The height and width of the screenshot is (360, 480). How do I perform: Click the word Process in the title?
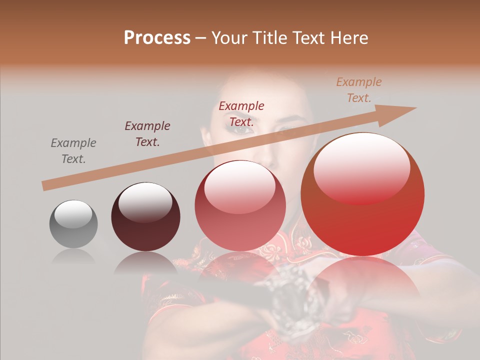[x=157, y=38]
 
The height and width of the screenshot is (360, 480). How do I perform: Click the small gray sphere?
[x=73, y=224]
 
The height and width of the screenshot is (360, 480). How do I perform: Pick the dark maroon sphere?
[x=145, y=217]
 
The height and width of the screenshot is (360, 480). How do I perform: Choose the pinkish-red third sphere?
[x=240, y=206]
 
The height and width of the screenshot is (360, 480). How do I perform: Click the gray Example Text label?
[x=73, y=151]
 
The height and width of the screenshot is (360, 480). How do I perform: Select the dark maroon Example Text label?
[x=147, y=134]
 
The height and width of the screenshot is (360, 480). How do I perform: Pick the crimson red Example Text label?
[x=241, y=113]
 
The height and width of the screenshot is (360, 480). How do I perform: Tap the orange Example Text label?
[x=359, y=90]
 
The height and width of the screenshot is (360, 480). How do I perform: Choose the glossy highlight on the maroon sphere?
[x=145, y=202]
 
